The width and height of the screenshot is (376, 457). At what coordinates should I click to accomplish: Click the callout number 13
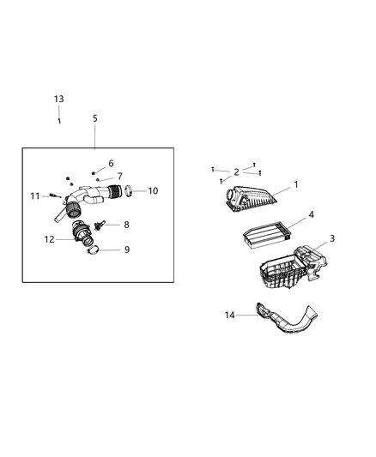58,99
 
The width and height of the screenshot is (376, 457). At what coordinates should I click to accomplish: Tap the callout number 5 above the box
94,119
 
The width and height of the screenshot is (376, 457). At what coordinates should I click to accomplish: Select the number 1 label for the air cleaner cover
296,184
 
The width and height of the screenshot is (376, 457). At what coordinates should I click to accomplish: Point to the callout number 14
230,316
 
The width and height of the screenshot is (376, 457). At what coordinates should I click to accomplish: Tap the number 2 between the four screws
236,172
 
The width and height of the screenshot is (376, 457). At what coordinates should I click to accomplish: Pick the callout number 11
35,196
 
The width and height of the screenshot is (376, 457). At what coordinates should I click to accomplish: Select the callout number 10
153,190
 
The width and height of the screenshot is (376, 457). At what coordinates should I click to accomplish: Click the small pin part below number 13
58,120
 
